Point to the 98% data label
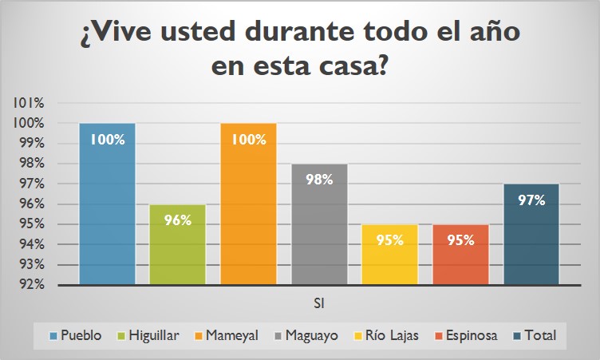tap(319, 180)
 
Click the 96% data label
tap(178, 220)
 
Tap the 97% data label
tap(531, 200)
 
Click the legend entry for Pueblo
tap(76, 335)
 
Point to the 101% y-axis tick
tap(29, 103)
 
